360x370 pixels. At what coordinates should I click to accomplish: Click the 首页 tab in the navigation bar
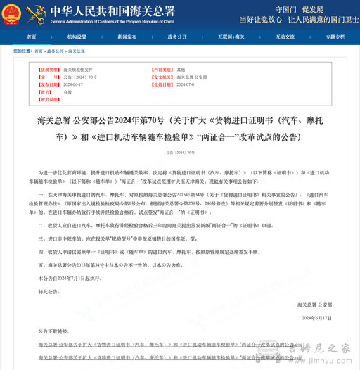click(x=31, y=36)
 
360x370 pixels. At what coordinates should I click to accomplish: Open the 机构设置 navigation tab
click(x=77, y=36)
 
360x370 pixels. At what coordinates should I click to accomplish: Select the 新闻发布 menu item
click(x=127, y=36)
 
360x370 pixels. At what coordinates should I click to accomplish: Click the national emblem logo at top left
click(x=13, y=12)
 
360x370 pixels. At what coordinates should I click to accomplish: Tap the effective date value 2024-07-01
click(x=186, y=84)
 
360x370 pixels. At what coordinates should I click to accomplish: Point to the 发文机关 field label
click(x=163, y=77)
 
